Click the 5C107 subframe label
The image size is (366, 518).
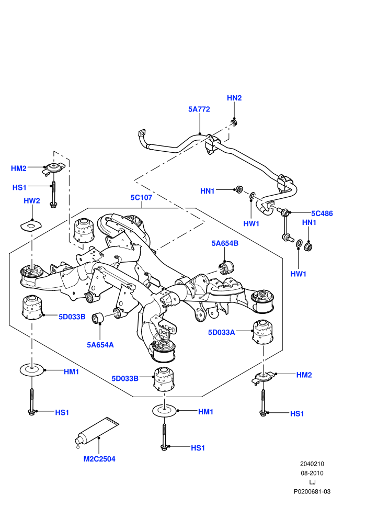141,198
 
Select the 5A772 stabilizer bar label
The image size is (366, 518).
199,109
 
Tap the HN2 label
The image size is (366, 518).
234,98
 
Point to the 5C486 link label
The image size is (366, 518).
322,213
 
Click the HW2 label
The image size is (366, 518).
32,201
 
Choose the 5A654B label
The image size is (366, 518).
225,243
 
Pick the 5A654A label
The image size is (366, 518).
100,345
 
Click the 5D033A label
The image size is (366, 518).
222,332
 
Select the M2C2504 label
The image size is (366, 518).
99,459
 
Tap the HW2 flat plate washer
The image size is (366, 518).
31,226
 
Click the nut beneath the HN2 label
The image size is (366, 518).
234,123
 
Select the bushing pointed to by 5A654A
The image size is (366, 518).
98,318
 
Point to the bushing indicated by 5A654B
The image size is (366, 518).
226,267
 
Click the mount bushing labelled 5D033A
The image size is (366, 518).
263,332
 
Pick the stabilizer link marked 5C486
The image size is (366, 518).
286,224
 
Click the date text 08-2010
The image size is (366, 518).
312,473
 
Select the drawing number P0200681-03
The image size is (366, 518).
312,491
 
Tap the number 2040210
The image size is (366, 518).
312,464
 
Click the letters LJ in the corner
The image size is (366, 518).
312,482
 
